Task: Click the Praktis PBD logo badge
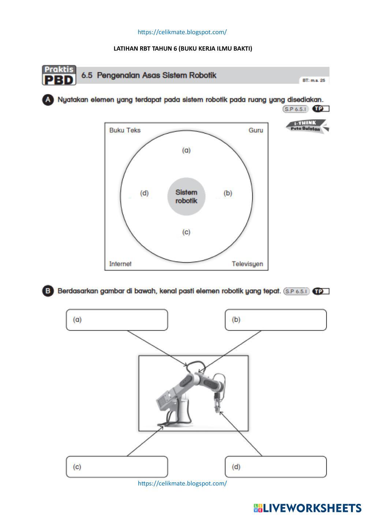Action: pyautogui.click(x=59, y=75)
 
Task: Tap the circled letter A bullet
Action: pyautogui.click(x=48, y=100)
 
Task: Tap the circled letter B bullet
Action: pyautogui.click(x=48, y=291)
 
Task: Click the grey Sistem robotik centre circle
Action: pyautogui.click(x=186, y=196)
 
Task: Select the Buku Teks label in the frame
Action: pyautogui.click(x=125, y=130)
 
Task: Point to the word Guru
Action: pyautogui.click(x=255, y=130)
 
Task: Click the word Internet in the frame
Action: pyautogui.click(x=120, y=264)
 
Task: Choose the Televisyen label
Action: pyautogui.click(x=247, y=264)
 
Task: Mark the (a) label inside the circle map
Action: pyautogui.click(x=186, y=150)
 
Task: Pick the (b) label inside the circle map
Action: pyautogui.click(x=228, y=193)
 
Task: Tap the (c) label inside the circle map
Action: pyautogui.click(x=186, y=232)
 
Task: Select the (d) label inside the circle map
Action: pyautogui.click(x=144, y=193)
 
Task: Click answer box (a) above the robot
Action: pyautogui.click(x=117, y=320)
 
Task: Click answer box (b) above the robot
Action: pyautogui.click(x=276, y=320)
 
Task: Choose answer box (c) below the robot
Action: pyautogui.click(x=117, y=467)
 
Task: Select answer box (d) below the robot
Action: pyautogui.click(x=276, y=467)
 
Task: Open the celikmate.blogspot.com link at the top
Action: pyautogui.click(x=182, y=32)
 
